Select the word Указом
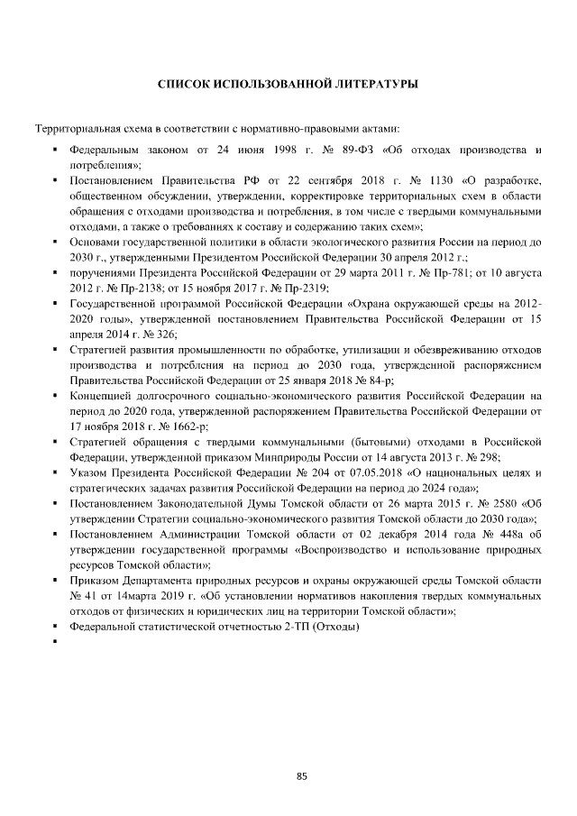coord(87,474)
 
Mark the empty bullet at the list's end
coord(56,643)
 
